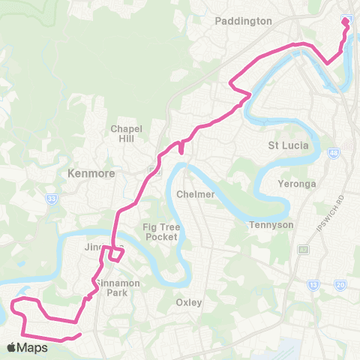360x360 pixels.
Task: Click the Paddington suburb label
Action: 243,21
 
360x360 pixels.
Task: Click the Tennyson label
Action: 271,225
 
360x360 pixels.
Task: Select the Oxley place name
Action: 188,302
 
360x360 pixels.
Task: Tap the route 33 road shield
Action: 51,198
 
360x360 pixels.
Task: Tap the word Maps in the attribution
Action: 34,347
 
